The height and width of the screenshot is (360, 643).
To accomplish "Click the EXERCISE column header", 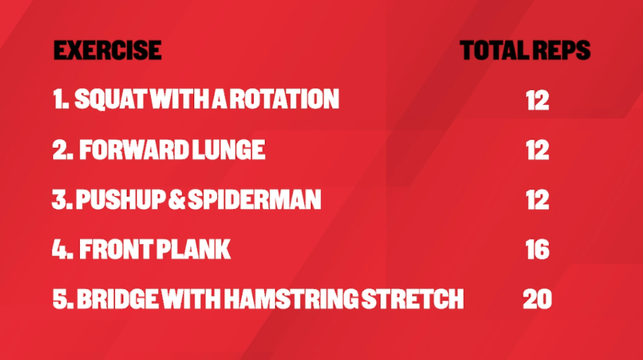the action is pyautogui.click(x=107, y=50).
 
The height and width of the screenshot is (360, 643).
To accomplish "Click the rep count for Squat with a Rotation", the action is pyautogui.click(x=538, y=100).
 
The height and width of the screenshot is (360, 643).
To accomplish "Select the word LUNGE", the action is pyautogui.click(x=229, y=150).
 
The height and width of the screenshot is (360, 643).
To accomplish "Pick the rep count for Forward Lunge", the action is pyautogui.click(x=538, y=150).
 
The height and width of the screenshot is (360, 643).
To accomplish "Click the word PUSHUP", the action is pyautogui.click(x=121, y=200).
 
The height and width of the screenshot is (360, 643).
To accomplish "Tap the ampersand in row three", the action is pyautogui.click(x=176, y=200).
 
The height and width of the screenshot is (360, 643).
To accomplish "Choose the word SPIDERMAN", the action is pyautogui.click(x=254, y=200).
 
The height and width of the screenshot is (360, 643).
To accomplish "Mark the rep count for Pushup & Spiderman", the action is pyautogui.click(x=538, y=200).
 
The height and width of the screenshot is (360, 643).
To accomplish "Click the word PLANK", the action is pyautogui.click(x=193, y=249).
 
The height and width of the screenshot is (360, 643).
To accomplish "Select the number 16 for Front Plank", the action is pyautogui.click(x=538, y=249).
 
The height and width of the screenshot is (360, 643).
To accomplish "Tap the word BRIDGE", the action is pyautogui.click(x=117, y=299).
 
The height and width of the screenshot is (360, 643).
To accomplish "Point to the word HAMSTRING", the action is pyautogui.click(x=291, y=299).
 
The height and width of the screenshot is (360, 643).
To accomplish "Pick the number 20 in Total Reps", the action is pyautogui.click(x=538, y=299).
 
